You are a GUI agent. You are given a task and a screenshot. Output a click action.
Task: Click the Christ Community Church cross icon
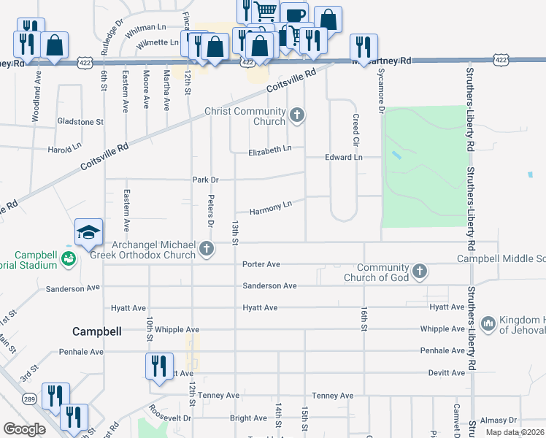click(x=296, y=115)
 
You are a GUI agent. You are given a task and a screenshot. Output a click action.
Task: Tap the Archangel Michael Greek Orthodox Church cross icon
click(x=207, y=250)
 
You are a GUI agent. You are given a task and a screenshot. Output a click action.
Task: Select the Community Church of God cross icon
click(x=419, y=272)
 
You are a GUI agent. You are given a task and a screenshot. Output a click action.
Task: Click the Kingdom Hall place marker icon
click(x=487, y=323)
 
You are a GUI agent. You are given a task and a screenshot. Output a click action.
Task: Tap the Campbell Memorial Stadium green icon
click(x=68, y=258)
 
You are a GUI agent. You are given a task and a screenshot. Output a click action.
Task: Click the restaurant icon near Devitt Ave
click(x=159, y=367)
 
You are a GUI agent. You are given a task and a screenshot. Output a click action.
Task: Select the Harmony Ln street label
click(x=271, y=209)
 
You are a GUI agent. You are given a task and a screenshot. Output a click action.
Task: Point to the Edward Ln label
click(x=343, y=157)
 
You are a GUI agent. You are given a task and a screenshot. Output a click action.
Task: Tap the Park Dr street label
click(x=205, y=179)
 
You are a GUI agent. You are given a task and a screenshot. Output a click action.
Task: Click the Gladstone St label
click(x=81, y=121)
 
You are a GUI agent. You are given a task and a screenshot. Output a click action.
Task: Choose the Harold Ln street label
click(x=64, y=149)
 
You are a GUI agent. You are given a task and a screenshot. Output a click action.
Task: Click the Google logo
click(x=24, y=429)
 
